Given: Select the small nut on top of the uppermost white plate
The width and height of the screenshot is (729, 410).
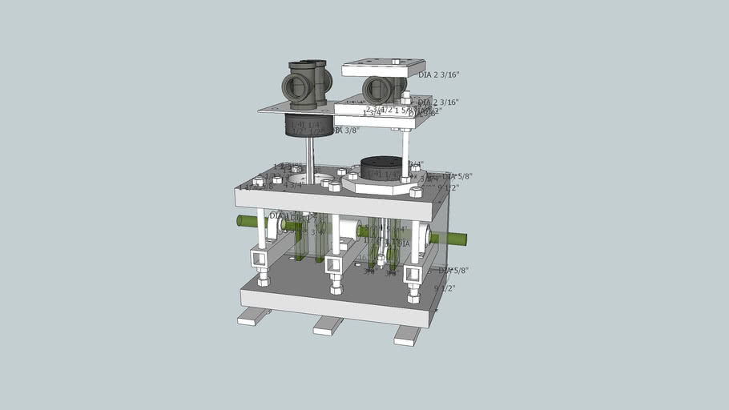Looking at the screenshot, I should click(x=396, y=61).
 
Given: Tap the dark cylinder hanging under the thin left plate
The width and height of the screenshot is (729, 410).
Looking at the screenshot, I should click(x=309, y=125).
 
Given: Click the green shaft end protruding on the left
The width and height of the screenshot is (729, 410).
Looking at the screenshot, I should click(x=245, y=221).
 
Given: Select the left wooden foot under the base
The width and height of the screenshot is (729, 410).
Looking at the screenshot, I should click(x=254, y=316).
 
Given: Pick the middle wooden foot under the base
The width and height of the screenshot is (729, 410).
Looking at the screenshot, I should click(x=328, y=325).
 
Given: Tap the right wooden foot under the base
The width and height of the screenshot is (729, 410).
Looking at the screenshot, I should click(x=407, y=335).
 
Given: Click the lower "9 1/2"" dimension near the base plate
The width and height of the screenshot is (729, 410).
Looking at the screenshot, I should click(x=445, y=287).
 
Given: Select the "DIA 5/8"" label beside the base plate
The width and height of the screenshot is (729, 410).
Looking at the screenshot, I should click(x=453, y=271).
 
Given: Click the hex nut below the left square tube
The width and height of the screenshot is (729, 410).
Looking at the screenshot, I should click(x=263, y=279).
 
